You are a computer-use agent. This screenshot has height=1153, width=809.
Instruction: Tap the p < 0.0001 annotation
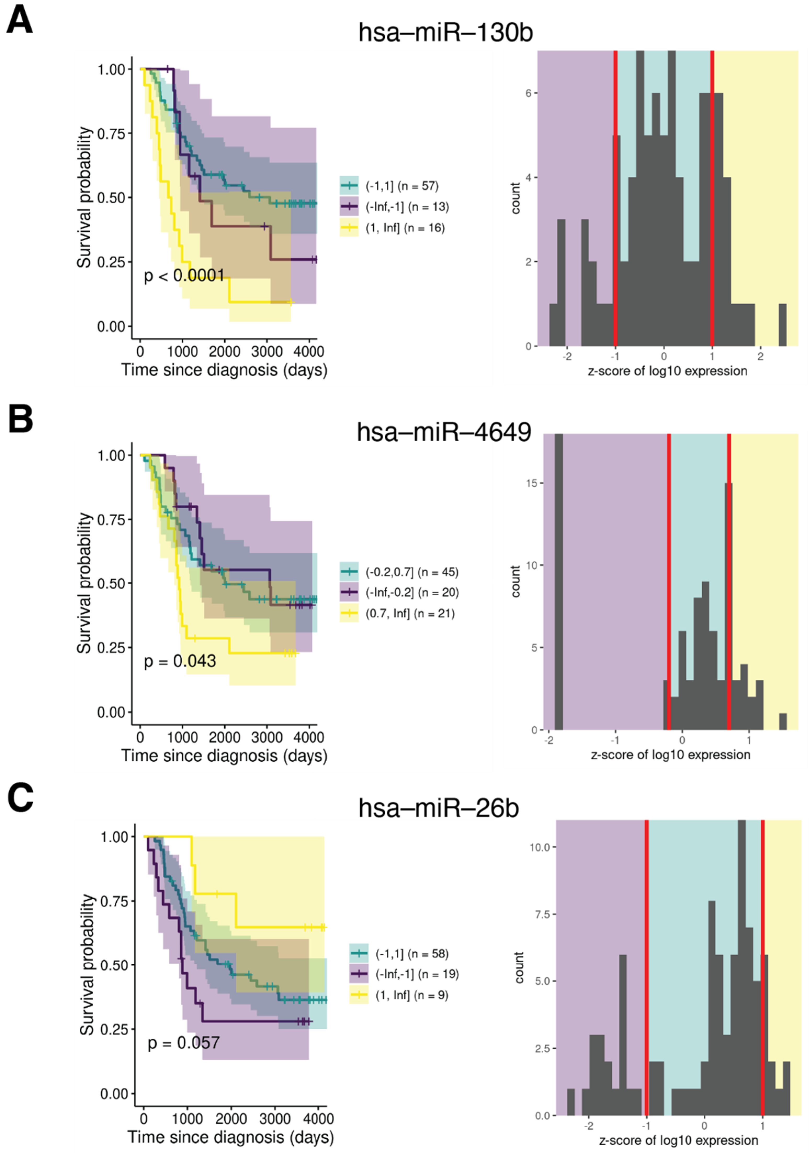pyautogui.click(x=184, y=275)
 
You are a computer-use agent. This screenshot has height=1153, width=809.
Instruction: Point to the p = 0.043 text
pyautogui.click(x=180, y=661)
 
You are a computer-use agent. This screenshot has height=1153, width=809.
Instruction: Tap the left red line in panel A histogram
pyautogui.click(x=615, y=201)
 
